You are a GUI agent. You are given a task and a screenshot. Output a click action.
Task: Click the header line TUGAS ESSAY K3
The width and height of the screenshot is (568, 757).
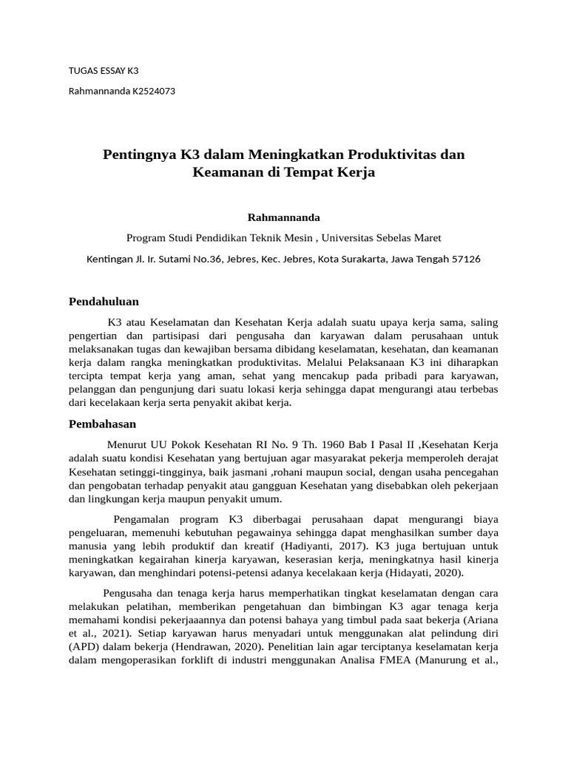[x=103, y=71]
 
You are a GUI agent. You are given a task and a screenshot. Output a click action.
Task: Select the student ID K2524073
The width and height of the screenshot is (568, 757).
[x=154, y=91]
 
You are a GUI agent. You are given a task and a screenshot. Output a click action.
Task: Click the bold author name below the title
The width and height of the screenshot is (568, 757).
[x=284, y=218]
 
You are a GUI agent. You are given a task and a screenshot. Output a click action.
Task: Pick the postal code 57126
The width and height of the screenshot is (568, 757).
[x=465, y=259]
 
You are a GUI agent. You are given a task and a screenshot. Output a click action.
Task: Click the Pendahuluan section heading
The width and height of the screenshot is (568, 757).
[x=104, y=302]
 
